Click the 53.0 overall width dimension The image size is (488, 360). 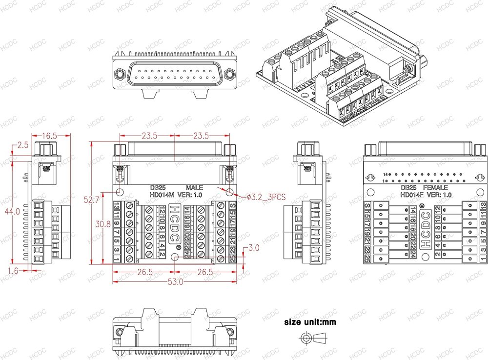pos(175,281)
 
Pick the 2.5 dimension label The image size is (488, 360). pos(22,145)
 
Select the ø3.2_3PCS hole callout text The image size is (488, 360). pos(266,197)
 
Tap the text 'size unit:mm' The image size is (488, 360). pos(310,322)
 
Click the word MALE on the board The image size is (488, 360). pos(194,187)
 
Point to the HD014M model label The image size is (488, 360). pos(162,195)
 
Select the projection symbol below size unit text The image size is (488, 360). pos(314,338)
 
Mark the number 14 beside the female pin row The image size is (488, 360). pos(386,174)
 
